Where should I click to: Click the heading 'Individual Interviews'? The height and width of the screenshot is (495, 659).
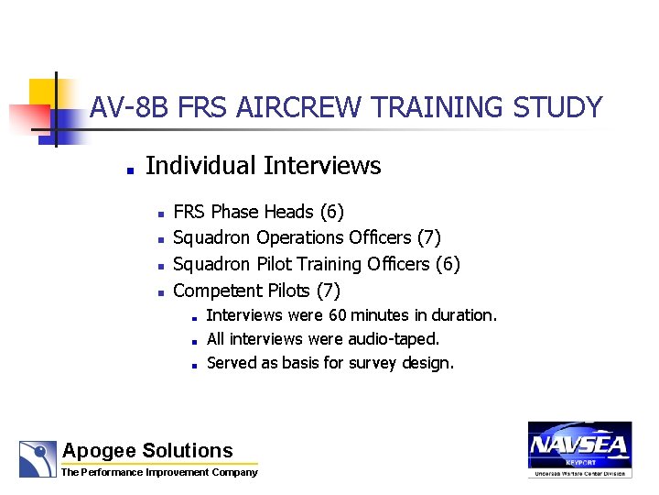(x=263, y=166)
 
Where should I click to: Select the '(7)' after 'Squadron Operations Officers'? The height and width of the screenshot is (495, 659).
(x=428, y=238)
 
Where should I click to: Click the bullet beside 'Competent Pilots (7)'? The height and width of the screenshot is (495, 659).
(x=159, y=293)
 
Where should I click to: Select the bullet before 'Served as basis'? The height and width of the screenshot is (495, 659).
(x=195, y=365)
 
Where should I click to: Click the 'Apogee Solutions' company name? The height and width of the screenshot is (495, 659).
(x=147, y=450)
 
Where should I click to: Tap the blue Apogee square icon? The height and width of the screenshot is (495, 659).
(x=38, y=458)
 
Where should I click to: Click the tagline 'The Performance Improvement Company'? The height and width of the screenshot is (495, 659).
(x=159, y=473)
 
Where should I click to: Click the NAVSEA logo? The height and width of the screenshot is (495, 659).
(x=578, y=448)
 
